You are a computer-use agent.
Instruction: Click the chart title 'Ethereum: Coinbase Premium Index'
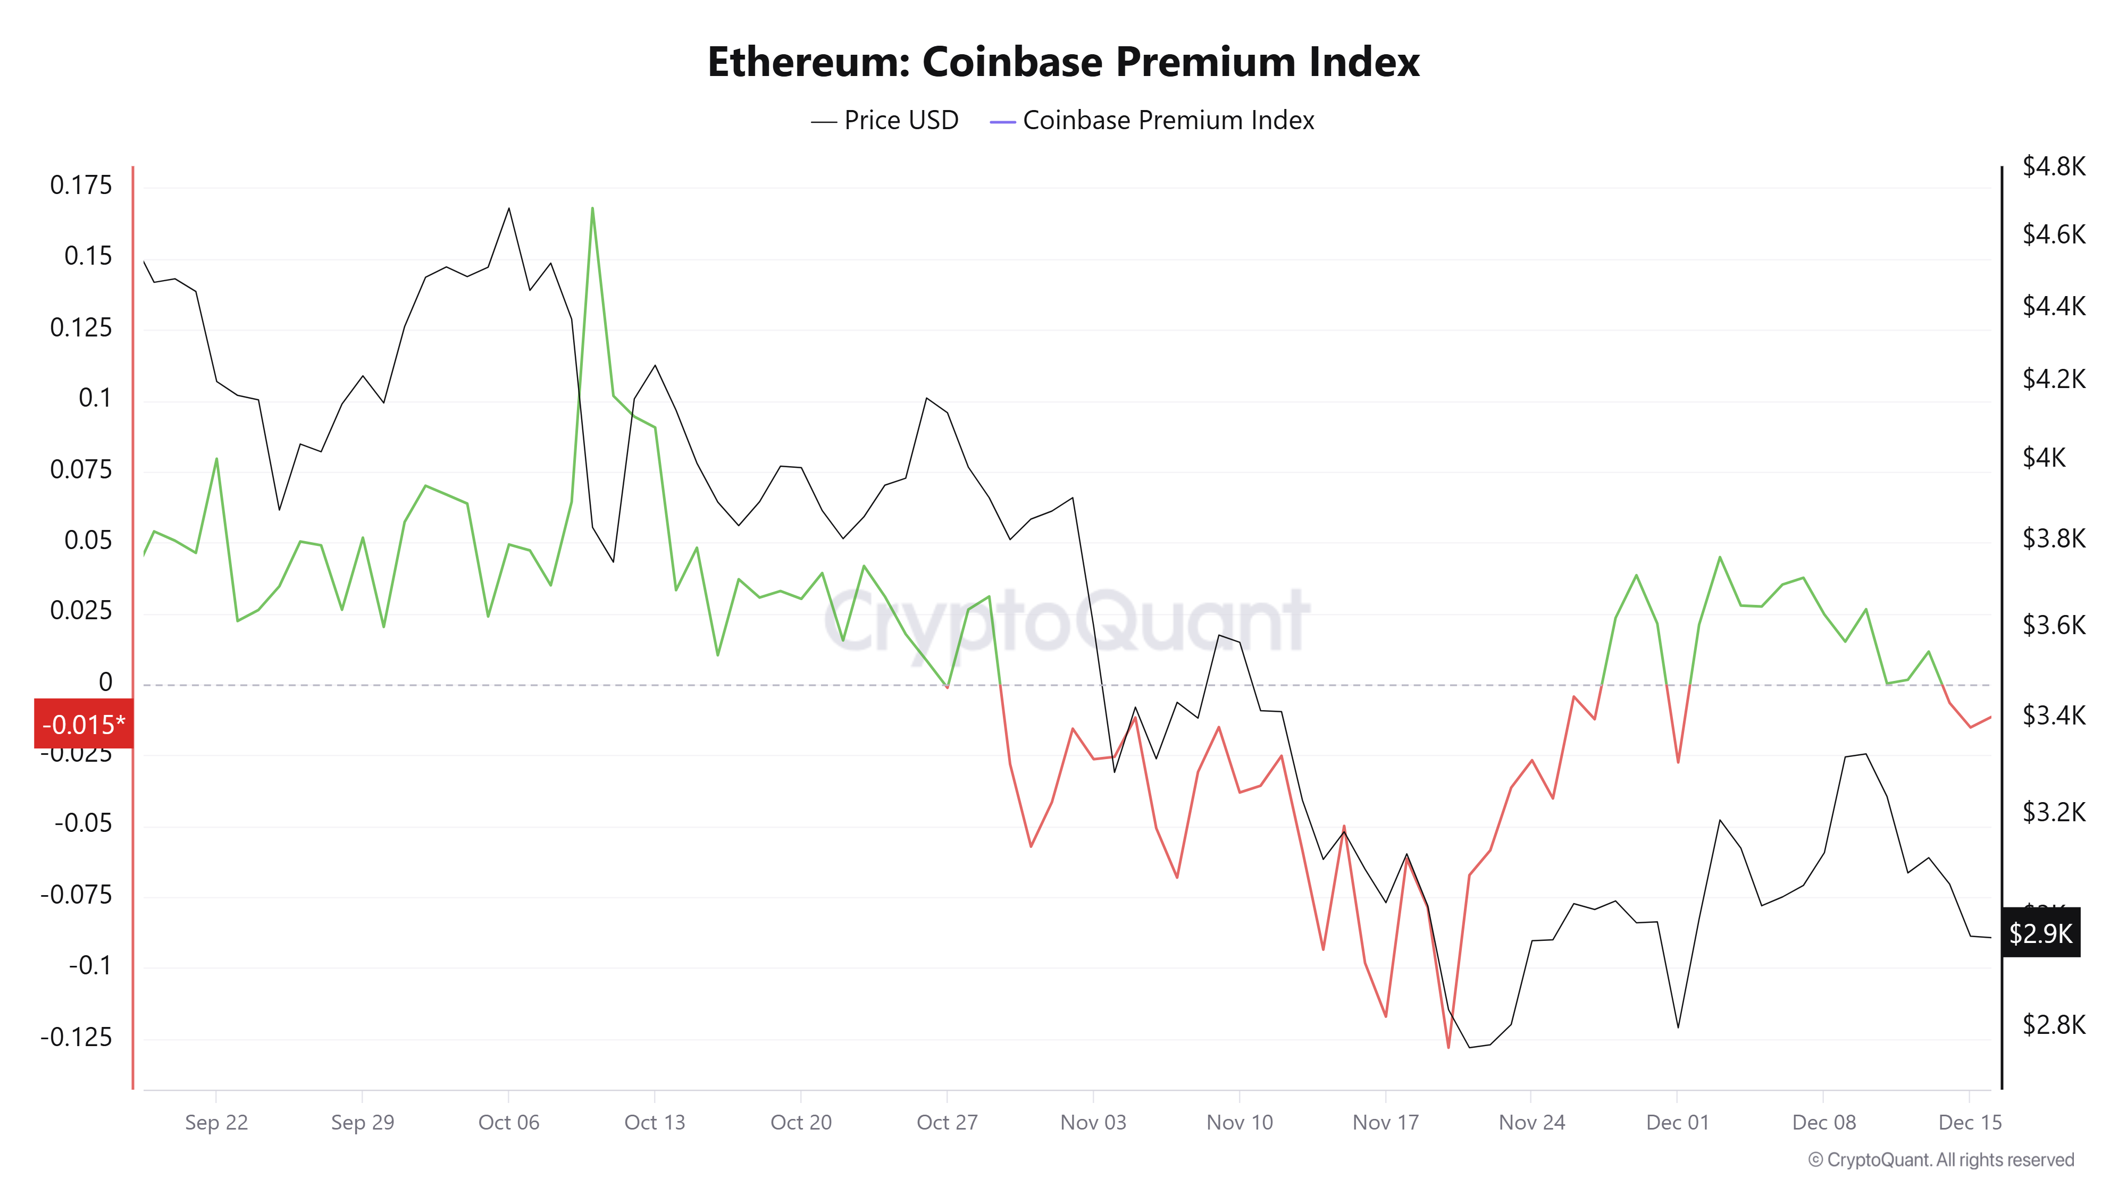click(1063, 62)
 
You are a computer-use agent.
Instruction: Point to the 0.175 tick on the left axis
click(80, 185)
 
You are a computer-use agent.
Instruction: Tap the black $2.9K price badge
click(2040, 933)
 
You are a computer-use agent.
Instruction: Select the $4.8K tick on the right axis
click(2054, 167)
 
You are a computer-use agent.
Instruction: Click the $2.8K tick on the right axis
click(2054, 1024)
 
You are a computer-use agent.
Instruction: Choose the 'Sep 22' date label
click(216, 1123)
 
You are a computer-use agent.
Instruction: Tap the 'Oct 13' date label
click(655, 1123)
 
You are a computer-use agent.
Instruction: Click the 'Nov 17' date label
click(1386, 1123)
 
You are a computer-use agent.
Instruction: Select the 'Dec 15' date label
click(1970, 1123)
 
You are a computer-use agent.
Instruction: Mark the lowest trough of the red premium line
click(1448, 1047)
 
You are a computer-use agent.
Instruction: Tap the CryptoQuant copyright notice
click(1940, 1160)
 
